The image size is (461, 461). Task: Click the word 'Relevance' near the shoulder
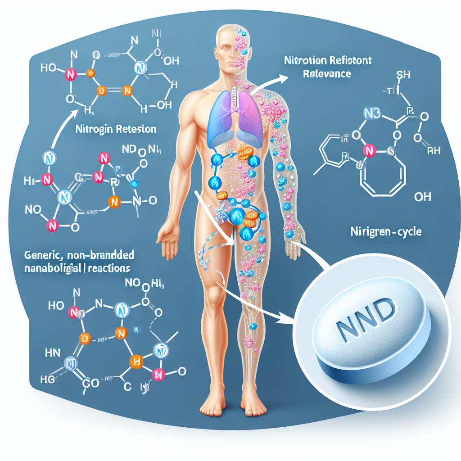[x=327, y=74]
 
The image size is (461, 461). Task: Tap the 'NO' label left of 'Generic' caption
[x=34, y=209]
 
